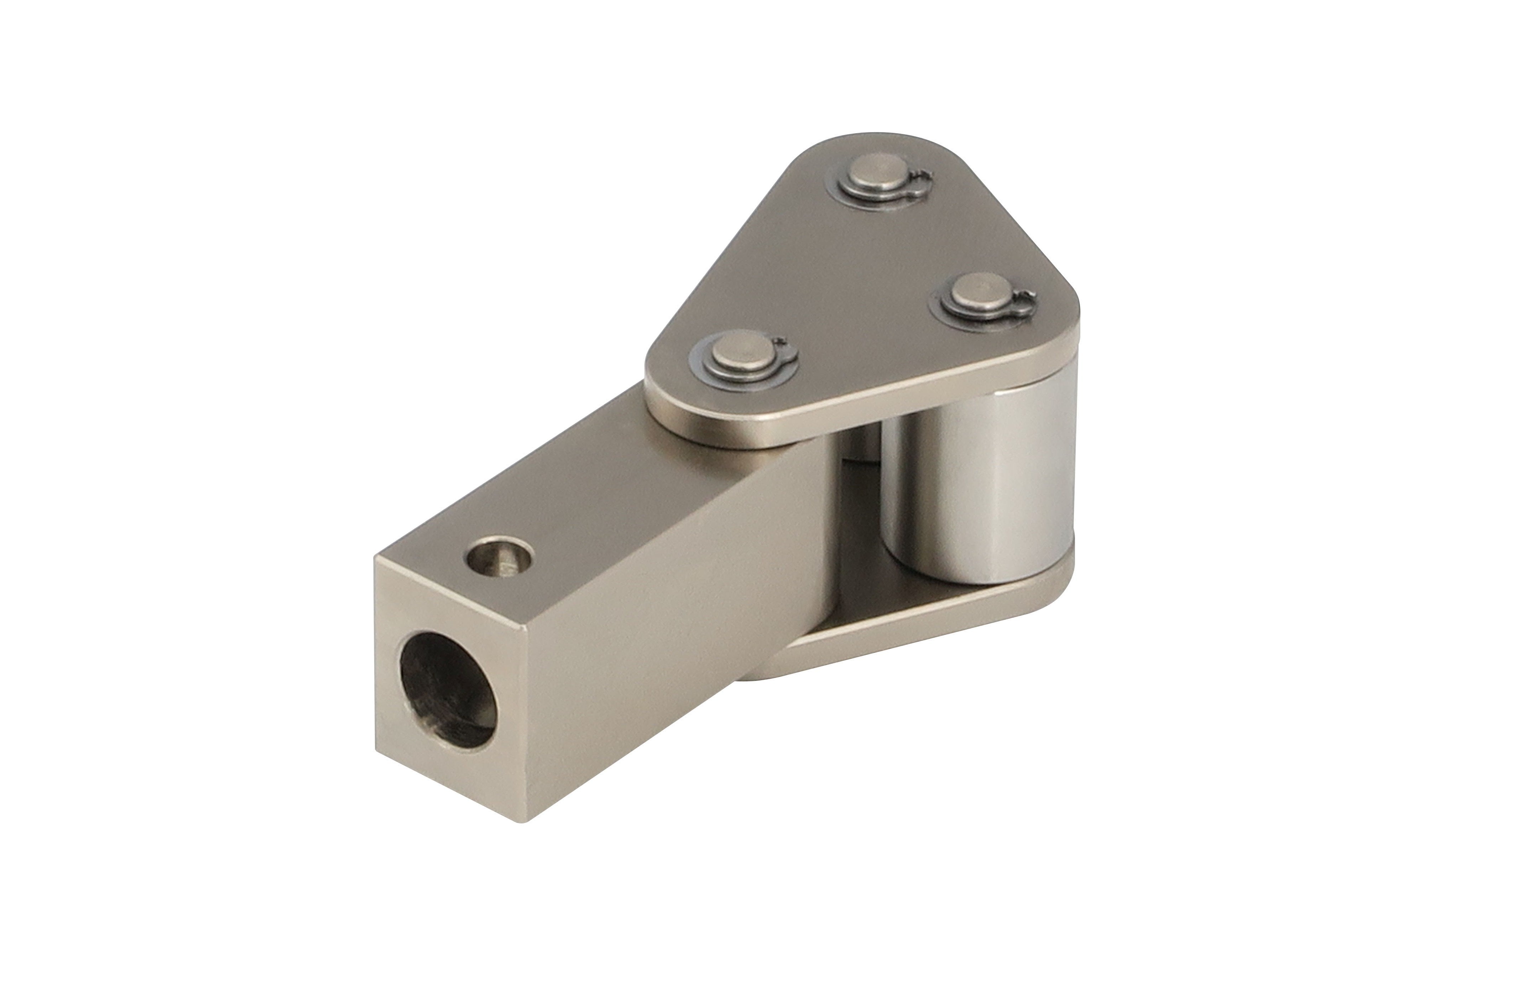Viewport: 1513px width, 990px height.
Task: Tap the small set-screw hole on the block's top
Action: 499,558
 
